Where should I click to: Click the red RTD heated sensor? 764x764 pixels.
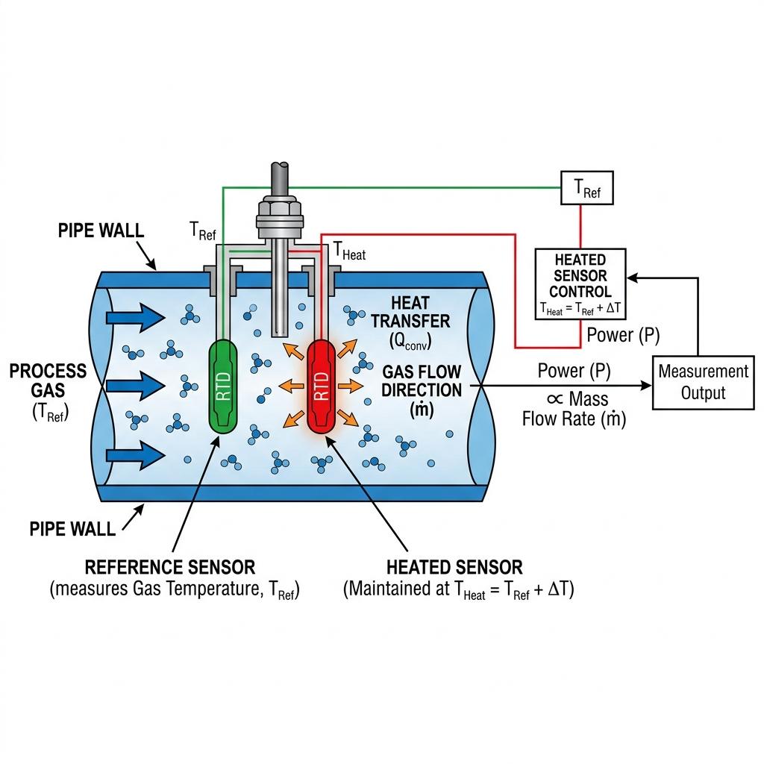[322, 386]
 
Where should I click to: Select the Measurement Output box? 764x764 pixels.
[703, 382]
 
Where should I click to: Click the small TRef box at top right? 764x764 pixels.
[586, 190]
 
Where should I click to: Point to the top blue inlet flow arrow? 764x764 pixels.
[135, 319]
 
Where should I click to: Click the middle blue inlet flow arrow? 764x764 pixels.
[135, 386]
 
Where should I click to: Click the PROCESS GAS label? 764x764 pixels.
[48, 381]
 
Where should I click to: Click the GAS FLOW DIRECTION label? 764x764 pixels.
[422, 381]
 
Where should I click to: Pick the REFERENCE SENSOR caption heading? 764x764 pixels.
[170, 567]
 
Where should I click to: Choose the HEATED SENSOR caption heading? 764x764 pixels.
[454, 567]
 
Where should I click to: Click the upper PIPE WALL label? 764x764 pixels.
[101, 231]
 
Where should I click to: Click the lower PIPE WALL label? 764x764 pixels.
[73, 529]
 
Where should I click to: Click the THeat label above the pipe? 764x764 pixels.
[349, 252]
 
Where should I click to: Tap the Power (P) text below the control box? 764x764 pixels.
[623, 335]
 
